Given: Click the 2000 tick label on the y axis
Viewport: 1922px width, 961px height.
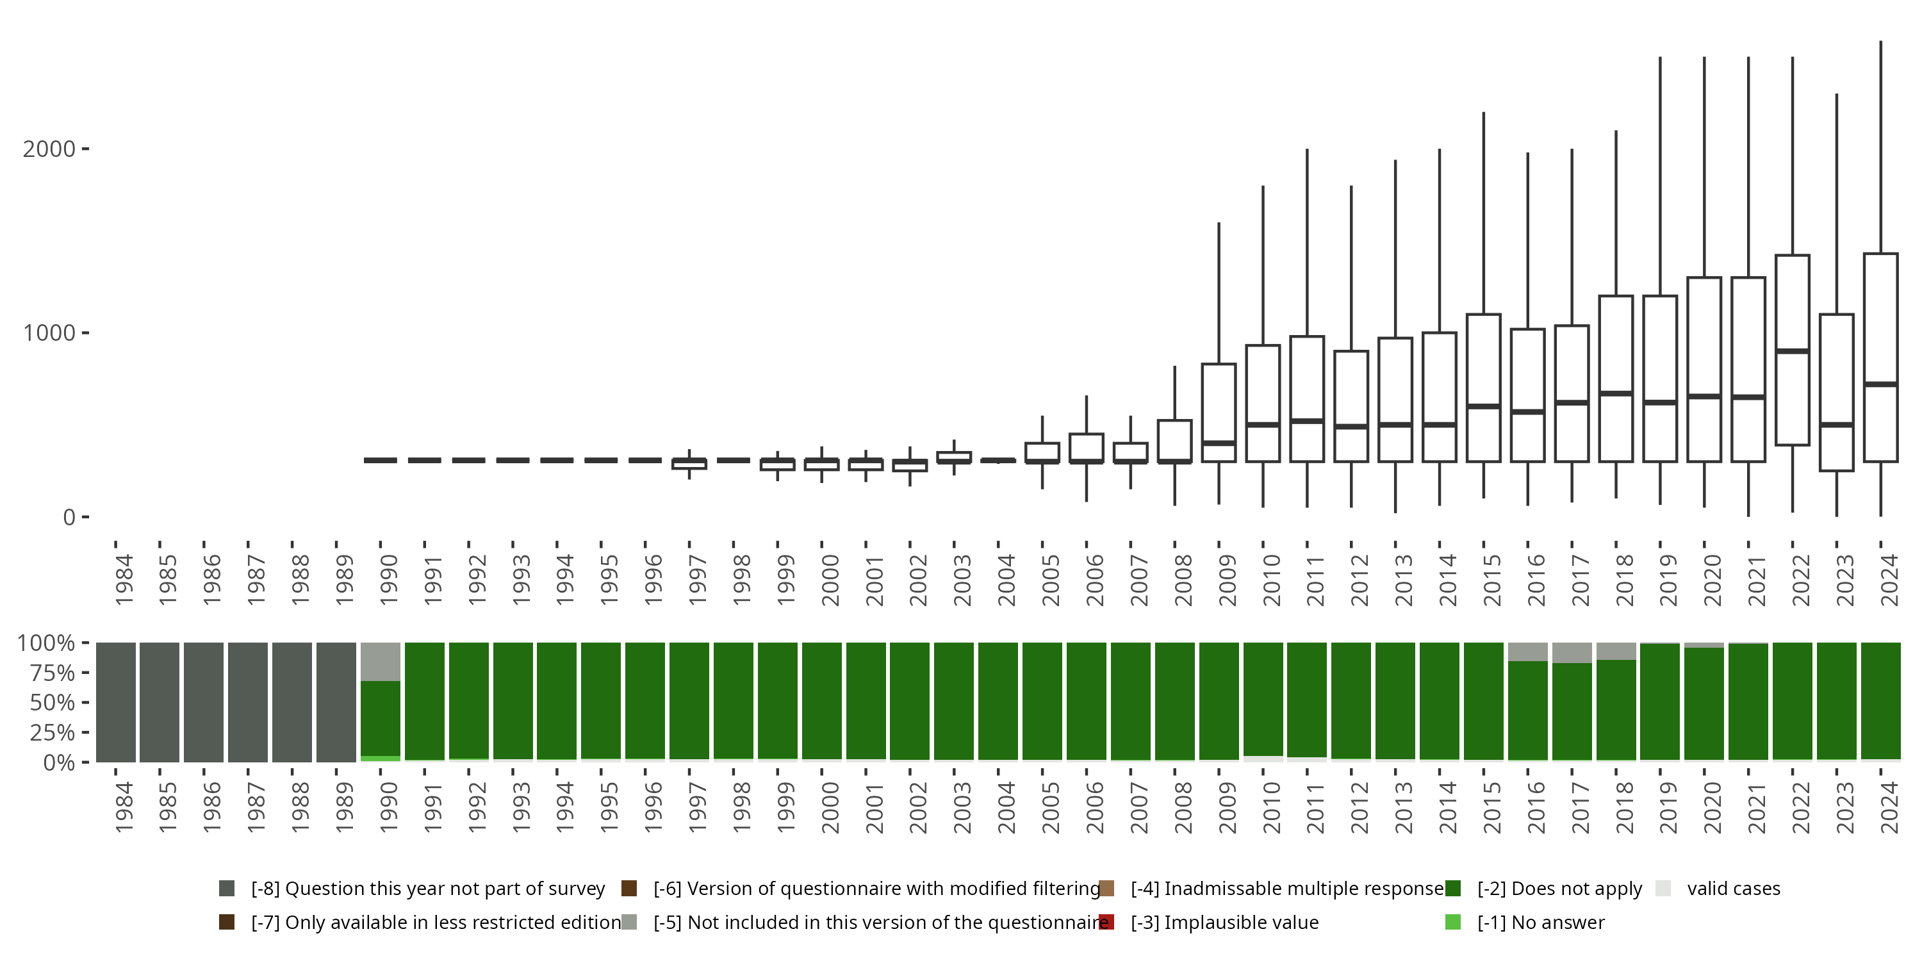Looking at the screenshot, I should pos(49,149).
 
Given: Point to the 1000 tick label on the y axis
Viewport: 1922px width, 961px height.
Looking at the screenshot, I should pos(49,333).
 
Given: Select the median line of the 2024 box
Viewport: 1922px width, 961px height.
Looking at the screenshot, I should pos(1880,384).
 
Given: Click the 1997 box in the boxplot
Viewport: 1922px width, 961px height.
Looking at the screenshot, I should pos(689,464).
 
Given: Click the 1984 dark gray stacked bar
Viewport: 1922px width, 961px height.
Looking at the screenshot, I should pos(116,702).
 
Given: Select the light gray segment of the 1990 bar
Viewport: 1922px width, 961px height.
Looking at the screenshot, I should pos(381,662).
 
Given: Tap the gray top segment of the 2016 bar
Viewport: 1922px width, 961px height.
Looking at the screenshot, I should pos(1527,652).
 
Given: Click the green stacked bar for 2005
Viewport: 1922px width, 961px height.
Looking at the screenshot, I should pos(1042,702).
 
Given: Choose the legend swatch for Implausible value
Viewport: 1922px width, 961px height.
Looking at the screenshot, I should pos(1106,922).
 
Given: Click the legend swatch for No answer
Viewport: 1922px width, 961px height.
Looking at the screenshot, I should pos(1452,922).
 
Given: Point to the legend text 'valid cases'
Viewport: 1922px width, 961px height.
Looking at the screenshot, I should pos(1733,889).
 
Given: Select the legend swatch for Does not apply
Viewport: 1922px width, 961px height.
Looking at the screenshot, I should pos(1452,889).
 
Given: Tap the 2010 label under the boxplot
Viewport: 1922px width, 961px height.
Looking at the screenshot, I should pos(1270,580).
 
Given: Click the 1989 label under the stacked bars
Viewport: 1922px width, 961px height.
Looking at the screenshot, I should pos(344,807).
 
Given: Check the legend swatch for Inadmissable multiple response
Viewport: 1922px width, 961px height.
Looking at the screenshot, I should pos(1106,889).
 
